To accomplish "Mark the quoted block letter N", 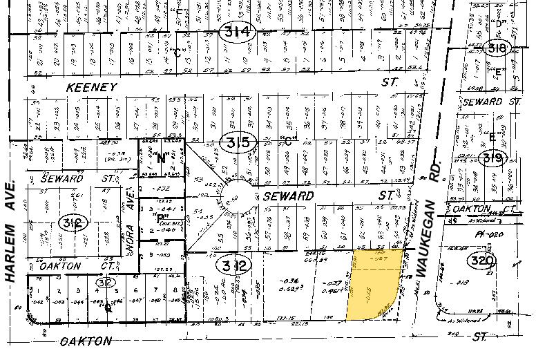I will point(164,158).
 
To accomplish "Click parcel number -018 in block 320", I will point(477,282).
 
